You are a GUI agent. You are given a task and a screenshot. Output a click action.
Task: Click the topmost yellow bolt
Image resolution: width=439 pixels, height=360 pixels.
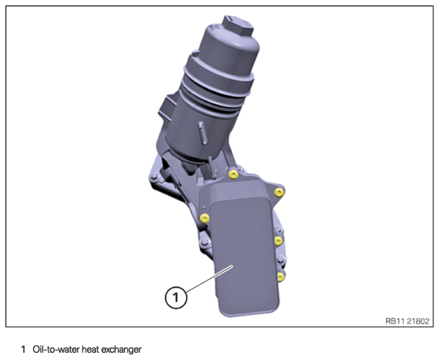(x=233, y=174)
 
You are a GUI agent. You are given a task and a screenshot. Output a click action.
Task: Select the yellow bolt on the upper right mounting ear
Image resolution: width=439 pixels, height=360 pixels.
(x=279, y=192)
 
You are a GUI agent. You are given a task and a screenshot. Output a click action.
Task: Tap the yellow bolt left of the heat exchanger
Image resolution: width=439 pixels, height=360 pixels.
(x=204, y=218)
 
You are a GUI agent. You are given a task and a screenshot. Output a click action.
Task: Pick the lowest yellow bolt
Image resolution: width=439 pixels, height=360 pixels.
(x=281, y=277)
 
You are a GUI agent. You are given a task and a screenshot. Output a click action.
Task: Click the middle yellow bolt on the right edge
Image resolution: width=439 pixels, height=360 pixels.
(x=278, y=241)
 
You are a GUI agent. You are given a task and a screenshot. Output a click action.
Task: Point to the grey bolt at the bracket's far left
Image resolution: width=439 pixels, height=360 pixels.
(x=154, y=177)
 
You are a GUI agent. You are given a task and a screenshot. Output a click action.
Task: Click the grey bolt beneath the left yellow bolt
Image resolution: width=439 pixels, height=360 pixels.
(x=204, y=242)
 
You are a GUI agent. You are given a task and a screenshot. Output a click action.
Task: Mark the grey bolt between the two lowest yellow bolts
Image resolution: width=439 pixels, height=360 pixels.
(x=281, y=259)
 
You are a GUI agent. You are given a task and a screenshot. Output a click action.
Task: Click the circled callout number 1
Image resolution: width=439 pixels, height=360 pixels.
(x=176, y=297)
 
